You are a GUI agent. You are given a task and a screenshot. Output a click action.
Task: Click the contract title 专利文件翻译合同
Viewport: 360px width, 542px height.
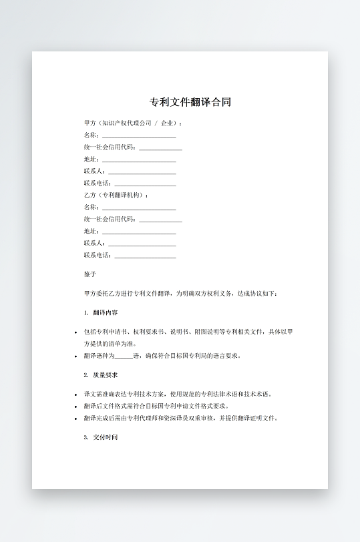190,103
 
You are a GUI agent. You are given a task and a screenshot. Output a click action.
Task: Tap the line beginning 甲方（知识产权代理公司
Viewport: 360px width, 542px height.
133,123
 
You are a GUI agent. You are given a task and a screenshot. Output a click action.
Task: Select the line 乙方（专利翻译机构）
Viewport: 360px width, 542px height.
116,195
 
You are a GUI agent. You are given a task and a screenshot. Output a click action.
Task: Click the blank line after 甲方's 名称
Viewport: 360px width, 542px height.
139,135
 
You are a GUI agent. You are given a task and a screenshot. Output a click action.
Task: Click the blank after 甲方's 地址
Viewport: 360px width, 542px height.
139,160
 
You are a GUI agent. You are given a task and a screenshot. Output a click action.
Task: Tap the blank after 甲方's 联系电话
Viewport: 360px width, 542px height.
145,184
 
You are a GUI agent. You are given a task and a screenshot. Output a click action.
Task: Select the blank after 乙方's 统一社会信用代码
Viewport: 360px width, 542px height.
160,219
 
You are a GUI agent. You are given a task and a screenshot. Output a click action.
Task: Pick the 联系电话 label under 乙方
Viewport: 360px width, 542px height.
98,255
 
